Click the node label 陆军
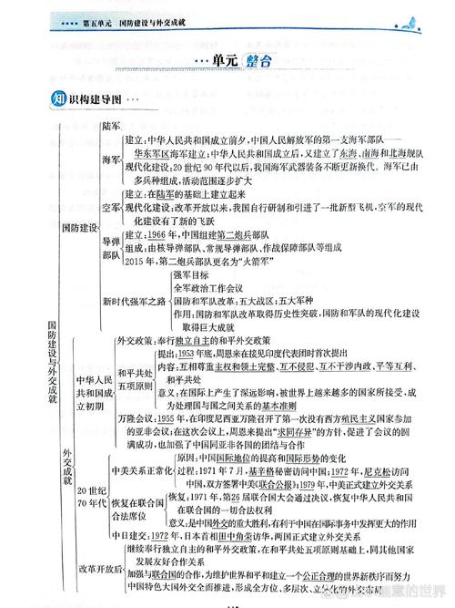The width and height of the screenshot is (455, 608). pos(112,125)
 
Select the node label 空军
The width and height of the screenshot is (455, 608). pos(111,209)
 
